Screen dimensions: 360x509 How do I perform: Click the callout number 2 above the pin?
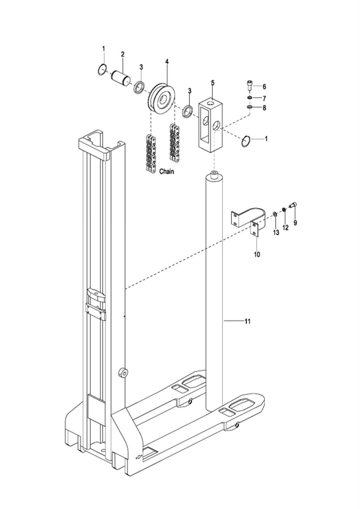(x=123, y=54)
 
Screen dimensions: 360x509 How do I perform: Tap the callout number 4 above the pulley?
(x=167, y=62)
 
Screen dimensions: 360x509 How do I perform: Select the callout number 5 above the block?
(x=213, y=83)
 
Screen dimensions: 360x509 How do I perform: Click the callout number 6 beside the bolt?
(x=264, y=86)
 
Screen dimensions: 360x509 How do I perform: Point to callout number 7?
(x=264, y=98)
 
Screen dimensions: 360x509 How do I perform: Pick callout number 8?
(x=264, y=108)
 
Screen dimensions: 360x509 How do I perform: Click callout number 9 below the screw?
(x=295, y=222)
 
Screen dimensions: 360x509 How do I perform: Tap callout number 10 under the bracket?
(x=257, y=254)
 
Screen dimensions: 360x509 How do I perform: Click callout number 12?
(x=285, y=227)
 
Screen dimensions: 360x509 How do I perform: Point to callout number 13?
(x=276, y=232)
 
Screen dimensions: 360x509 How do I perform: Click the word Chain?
(x=166, y=171)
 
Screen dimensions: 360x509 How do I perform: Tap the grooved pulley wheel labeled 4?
(x=162, y=98)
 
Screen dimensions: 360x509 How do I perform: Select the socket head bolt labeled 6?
(x=249, y=86)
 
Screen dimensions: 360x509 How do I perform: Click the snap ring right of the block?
(x=246, y=141)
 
